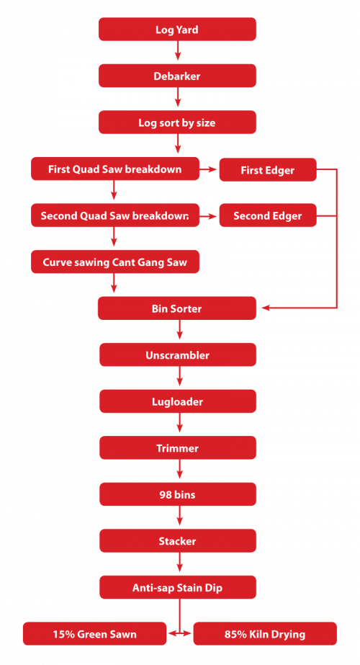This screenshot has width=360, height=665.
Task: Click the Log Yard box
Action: coord(177,30)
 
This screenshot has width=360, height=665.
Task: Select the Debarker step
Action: coord(177,76)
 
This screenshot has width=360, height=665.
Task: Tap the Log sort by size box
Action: coord(177,122)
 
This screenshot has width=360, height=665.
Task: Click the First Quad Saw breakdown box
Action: coord(115,169)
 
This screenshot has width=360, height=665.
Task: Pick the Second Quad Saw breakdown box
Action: coord(115,215)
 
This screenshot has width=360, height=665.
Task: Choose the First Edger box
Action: coord(267,170)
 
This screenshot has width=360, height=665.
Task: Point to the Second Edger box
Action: coord(267,216)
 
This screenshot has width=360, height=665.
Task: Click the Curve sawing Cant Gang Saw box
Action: coord(115,262)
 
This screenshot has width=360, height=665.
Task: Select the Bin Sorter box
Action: coord(177,308)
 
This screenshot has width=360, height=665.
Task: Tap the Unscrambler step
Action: coord(178,354)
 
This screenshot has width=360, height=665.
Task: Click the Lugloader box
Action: coord(178,401)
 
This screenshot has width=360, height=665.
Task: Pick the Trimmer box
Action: coord(178,448)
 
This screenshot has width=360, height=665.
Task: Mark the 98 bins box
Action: coord(178,495)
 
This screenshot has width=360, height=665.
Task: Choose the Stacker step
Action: coord(178,541)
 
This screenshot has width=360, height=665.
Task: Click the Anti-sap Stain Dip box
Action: coord(178,588)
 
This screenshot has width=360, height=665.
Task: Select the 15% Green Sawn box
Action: coord(94,634)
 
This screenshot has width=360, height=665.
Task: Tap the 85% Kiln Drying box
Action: coord(265,634)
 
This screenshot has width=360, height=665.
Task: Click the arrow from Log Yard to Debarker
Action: coord(178,52)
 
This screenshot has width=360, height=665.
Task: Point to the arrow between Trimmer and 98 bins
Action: coord(179,471)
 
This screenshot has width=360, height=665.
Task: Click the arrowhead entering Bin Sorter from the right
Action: coord(266,308)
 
